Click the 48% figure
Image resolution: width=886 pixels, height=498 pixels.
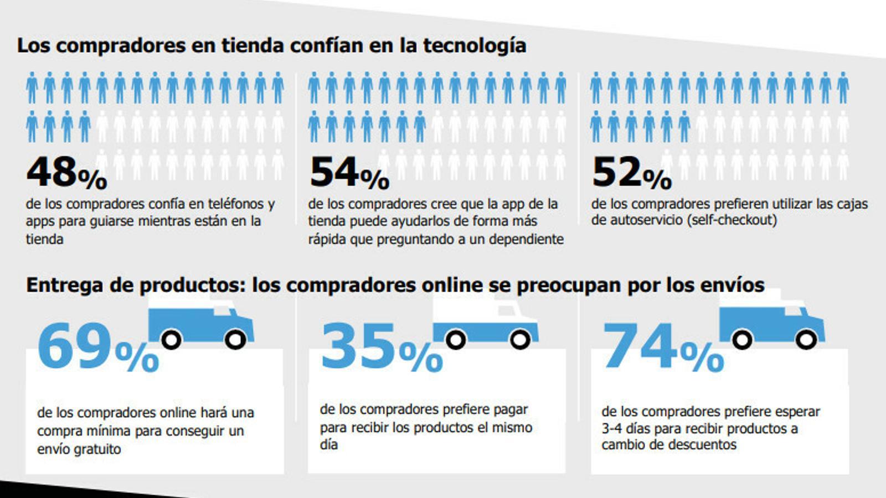(66, 173)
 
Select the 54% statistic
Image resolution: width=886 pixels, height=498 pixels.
(349, 173)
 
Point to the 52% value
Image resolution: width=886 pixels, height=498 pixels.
(631, 173)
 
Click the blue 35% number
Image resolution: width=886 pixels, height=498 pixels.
(382, 347)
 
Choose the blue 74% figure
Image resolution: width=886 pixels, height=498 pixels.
(663, 347)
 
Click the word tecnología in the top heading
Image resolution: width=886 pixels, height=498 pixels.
(475, 45)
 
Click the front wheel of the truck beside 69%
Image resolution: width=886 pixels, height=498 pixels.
(236, 339)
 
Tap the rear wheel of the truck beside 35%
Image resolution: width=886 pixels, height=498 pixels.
(456, 340)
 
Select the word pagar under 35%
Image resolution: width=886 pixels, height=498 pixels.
(509, 409)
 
